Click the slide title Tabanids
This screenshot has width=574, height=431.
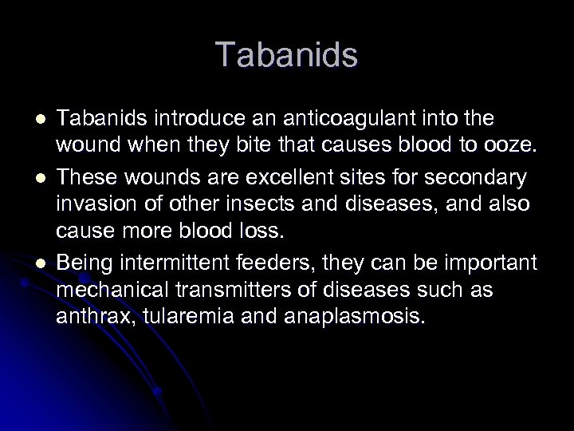point(287,55)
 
